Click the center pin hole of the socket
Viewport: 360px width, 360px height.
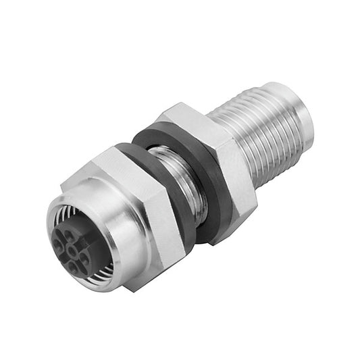73,251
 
